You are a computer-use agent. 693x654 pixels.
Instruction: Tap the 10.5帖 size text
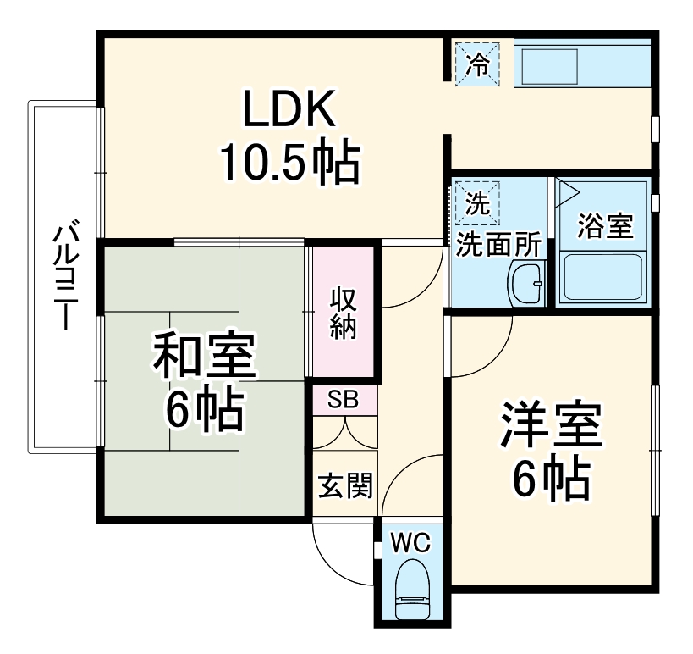290,163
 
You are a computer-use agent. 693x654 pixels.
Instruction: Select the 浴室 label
605,226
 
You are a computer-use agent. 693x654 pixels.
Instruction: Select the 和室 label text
203,360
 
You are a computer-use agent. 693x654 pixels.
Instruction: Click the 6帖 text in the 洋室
551,481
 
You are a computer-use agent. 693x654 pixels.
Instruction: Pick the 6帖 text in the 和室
203,413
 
